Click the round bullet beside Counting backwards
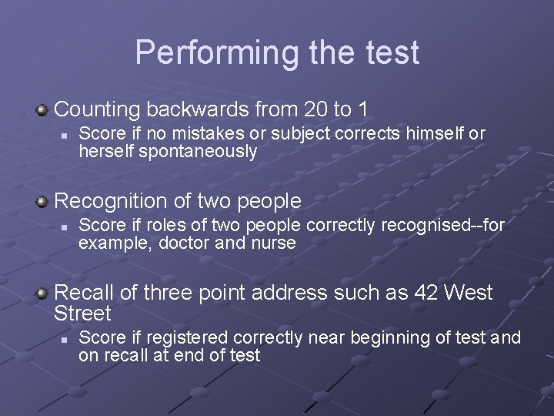pyautogui.click(x=42, y=110)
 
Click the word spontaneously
pyautogui.click(x=198, y=152)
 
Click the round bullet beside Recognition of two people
pyautogui.click(x=42, y=202)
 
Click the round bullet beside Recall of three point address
pyautogui.click(x=42, y=294)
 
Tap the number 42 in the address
pyautogui.click(x=426, y=293)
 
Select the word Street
pyautogui.click(x=83, y=314)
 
